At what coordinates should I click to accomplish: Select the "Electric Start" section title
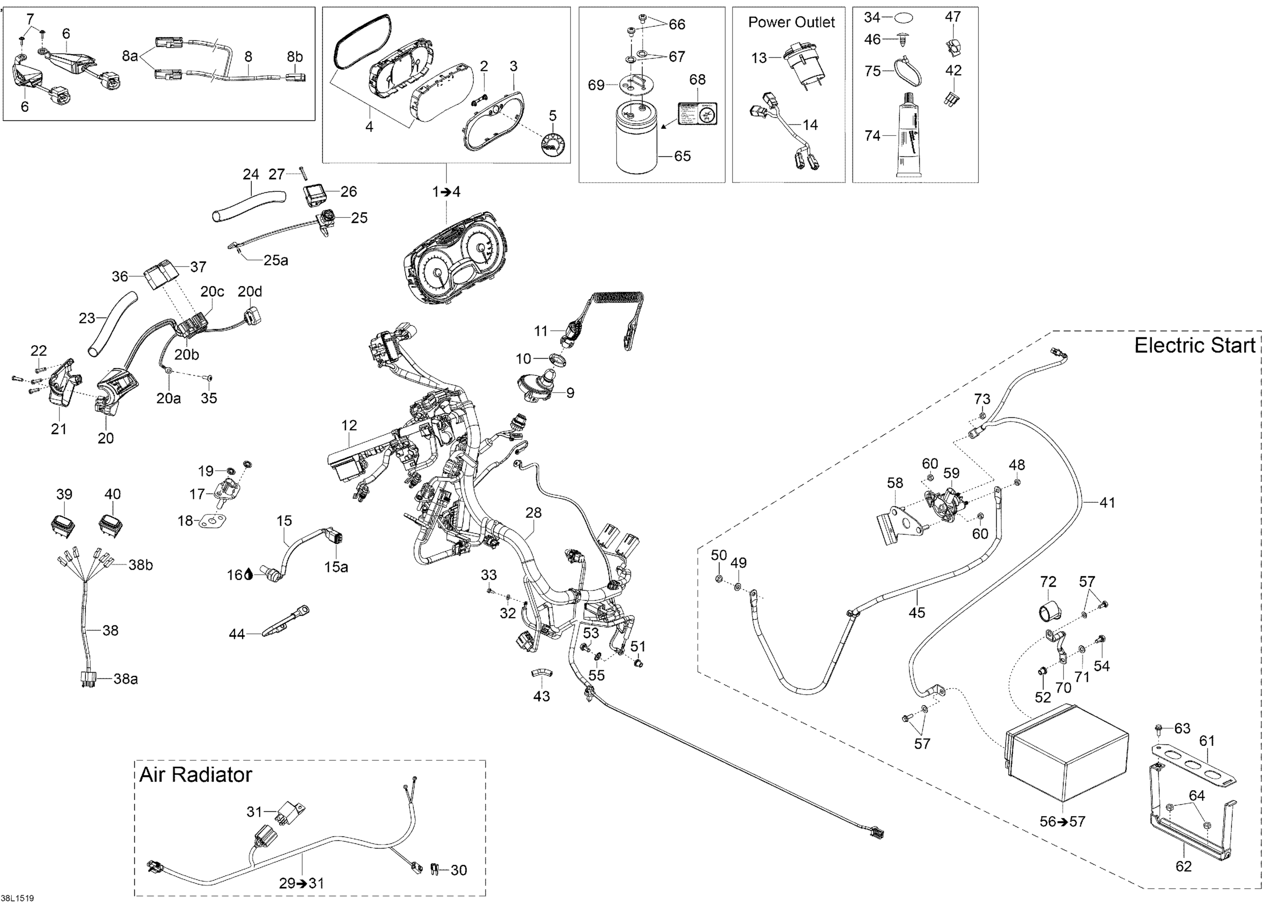[1194, 346]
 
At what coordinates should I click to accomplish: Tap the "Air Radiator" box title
[196, 775]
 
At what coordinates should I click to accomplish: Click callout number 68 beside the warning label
[697, 80]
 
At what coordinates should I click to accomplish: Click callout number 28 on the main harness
[533, 512]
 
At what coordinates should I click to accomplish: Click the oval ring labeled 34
[904, 18]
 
